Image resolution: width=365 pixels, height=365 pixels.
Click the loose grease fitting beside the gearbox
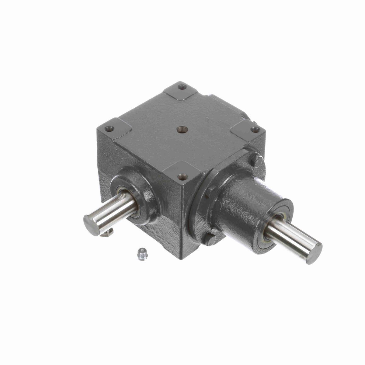coord(142,253)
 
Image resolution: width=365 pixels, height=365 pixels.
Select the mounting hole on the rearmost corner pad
coord(182,87)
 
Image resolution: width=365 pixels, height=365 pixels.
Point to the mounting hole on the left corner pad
coord(110,129)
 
